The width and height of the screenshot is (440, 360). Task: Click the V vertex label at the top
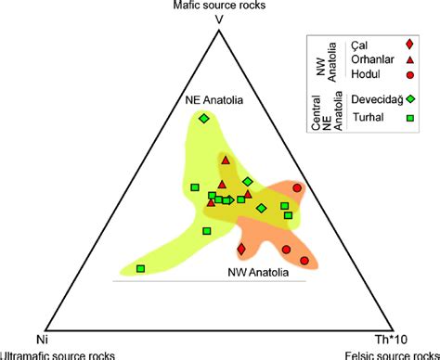tap(218, 19)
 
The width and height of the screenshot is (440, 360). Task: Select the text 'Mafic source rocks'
tap(218, 6)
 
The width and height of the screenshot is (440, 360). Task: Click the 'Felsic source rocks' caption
tap(391, 354)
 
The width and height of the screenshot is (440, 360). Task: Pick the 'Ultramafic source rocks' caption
tap(52, 354)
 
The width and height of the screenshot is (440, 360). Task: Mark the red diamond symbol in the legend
tap(410, 45)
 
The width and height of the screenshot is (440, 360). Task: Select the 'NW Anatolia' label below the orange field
tap(257, 273)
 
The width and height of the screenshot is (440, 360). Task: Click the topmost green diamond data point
tap(204, 119)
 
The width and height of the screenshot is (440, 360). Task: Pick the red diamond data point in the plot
tap(242, 250)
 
